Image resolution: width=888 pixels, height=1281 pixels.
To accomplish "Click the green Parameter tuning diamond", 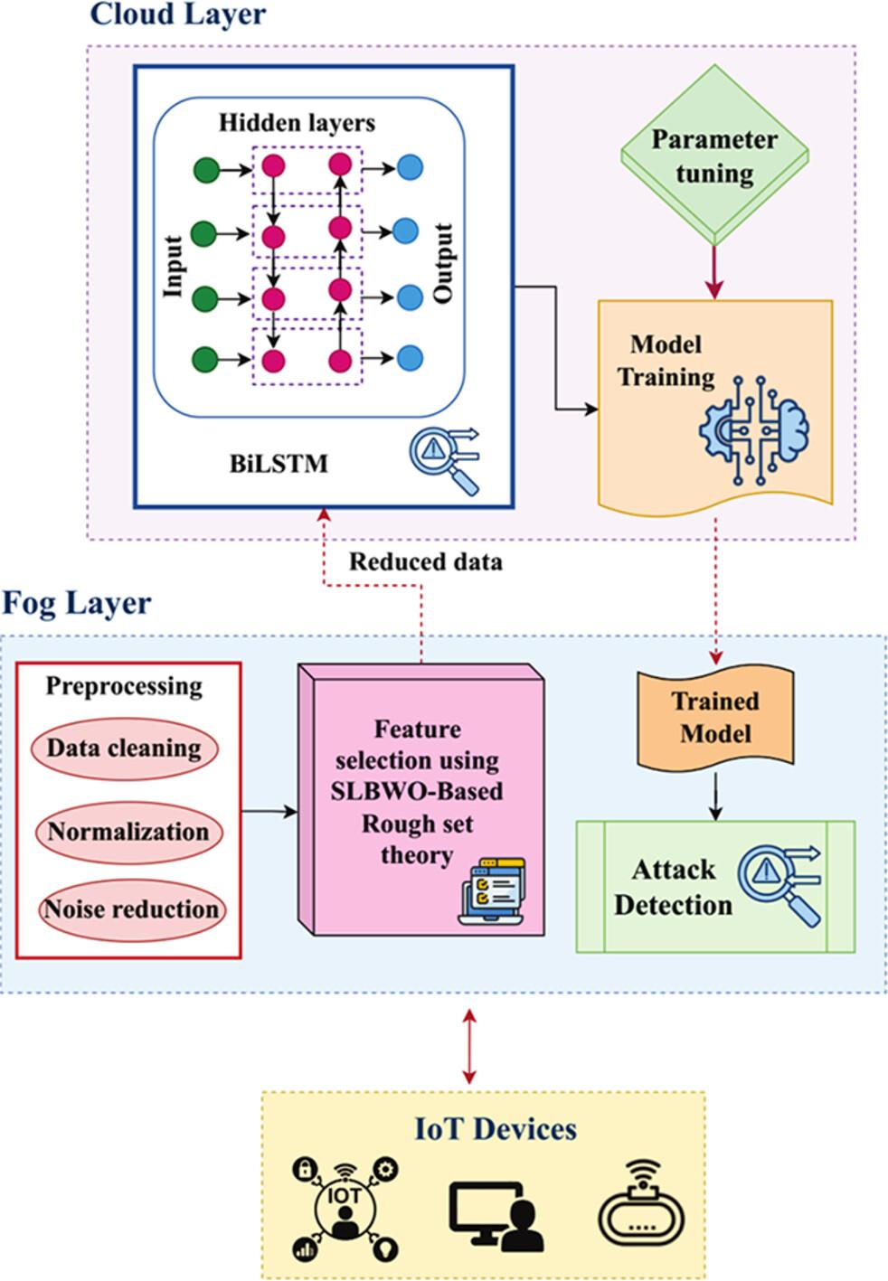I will [714, 155].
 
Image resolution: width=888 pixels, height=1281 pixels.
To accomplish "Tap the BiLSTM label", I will [279, 464].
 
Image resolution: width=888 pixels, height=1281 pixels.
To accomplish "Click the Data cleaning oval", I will [124, 749].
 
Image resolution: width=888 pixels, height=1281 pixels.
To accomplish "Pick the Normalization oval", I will [128, 831].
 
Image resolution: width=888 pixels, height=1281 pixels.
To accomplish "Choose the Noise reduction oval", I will [132, 909].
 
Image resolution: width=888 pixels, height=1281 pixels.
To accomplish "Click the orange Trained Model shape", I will [715, 716].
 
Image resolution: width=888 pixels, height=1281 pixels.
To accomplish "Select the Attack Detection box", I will [715, 887].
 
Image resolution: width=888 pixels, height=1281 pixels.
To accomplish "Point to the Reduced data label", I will [425, 561].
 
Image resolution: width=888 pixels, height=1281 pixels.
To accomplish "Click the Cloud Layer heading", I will [178, 14].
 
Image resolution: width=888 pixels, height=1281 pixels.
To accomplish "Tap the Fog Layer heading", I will [77, 602].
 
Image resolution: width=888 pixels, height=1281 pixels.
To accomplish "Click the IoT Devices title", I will [496, 1128].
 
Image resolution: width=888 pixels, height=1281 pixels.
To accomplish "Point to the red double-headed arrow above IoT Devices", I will [468, 1045].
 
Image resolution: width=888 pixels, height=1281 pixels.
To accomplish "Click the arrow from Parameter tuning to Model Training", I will [715, 271].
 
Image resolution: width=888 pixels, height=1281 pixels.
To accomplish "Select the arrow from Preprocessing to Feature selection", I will [269, 811].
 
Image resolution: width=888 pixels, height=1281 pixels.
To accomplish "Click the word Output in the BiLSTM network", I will [442, 263].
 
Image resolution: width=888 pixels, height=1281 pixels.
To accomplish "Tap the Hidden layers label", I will [297, 122].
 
